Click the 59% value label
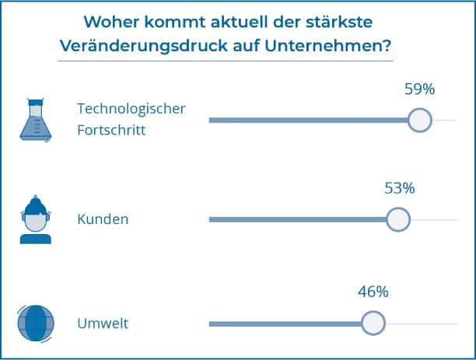(419, 89)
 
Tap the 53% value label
(400, 188)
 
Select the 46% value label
(373, 292)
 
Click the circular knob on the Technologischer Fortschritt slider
(420, 120)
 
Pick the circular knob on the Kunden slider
(397, 219)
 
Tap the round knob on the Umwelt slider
(373, 323)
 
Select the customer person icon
(35, 220)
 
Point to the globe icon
(36, 323)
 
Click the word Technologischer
(131, 108)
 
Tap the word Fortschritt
(112, 130)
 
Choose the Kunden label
(103, 219)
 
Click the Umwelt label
(103, 323)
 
